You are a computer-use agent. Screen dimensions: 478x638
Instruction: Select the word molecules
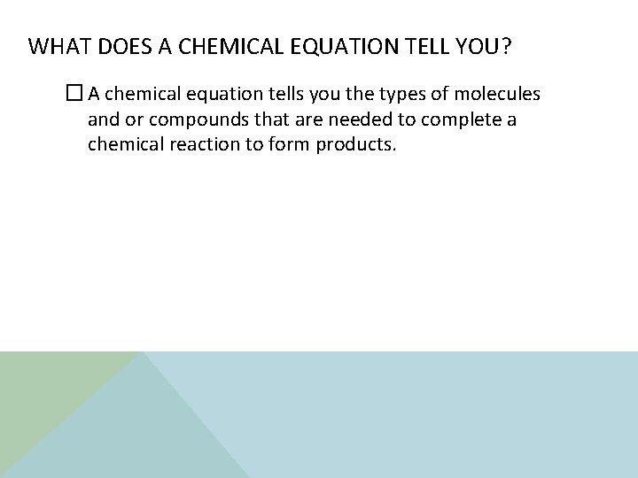point(502,95)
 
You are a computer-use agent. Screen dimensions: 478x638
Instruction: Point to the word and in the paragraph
point(103,119)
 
